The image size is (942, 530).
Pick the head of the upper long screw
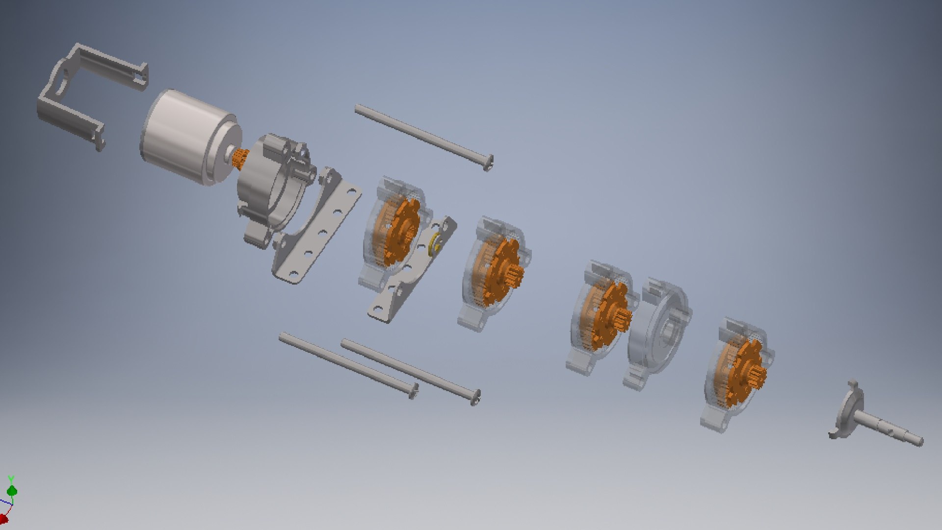tap(489, 162)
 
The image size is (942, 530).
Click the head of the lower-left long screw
tap(414, 391)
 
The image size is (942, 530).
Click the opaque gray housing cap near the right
tap(657, 331)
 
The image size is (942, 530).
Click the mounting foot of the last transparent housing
tap(716, 422)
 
